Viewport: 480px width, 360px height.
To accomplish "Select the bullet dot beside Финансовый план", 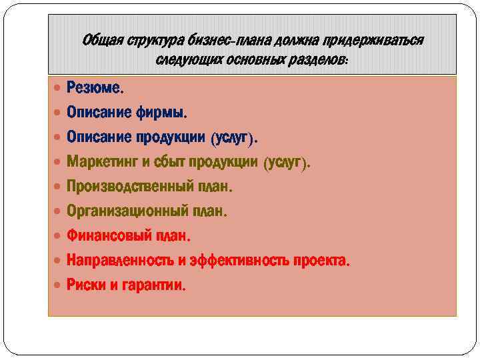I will tap(57, 237).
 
